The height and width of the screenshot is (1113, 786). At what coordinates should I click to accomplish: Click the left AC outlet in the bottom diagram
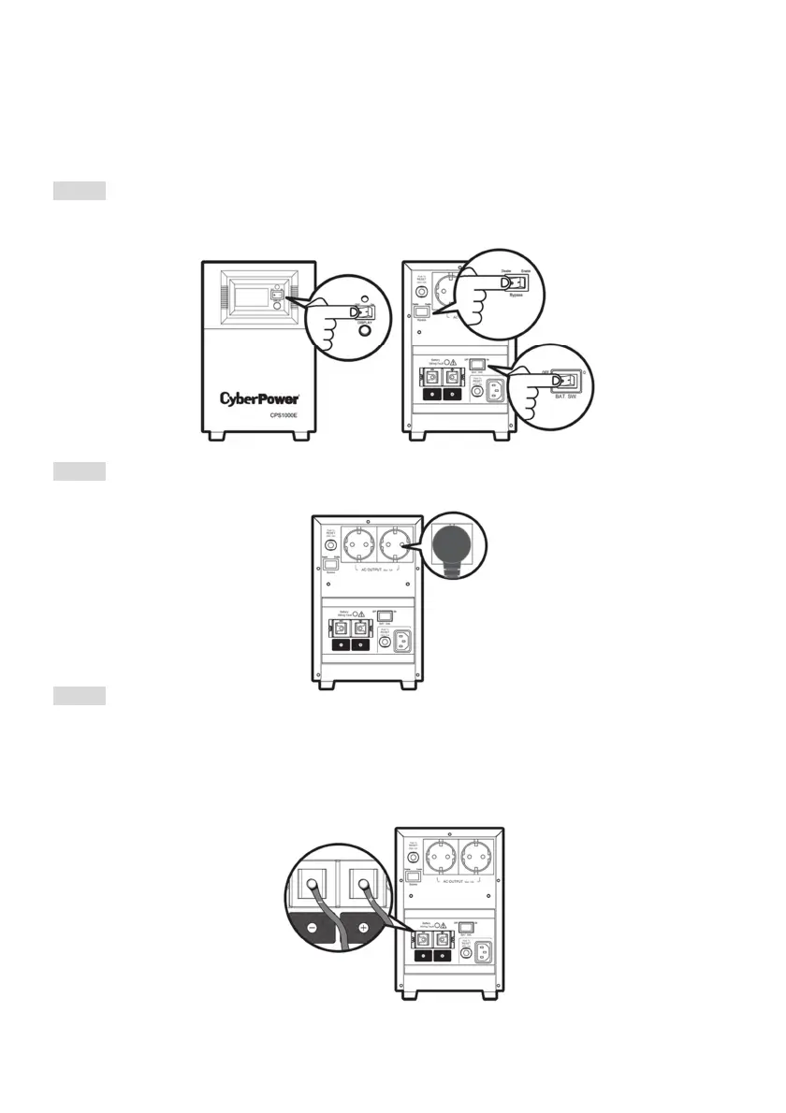coord(443,857)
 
